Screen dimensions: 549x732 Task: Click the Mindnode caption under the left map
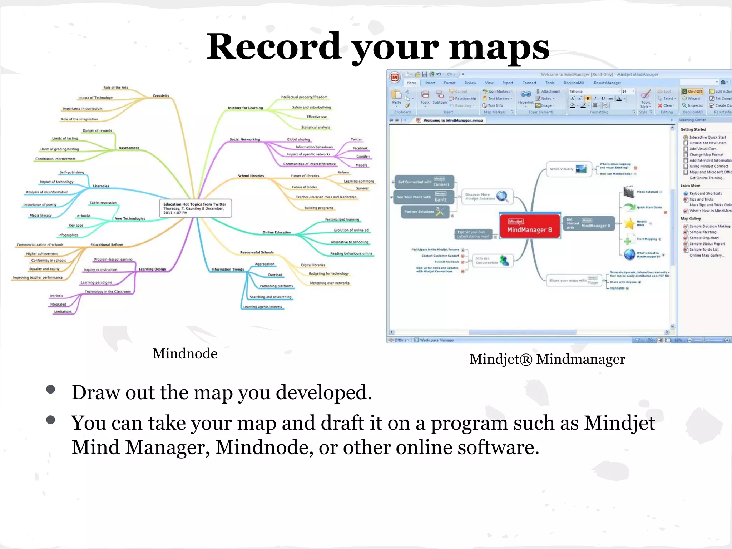click(185, 353)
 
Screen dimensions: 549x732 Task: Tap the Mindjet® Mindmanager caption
click(547, 359)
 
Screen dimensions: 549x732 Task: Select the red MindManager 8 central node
click(529, 226)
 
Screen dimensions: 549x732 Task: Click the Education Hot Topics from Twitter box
click(195, 208)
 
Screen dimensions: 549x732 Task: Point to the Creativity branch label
click(161, 95)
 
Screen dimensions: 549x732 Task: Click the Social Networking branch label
click(244, 139)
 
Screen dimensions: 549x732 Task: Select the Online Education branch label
click(277, 232)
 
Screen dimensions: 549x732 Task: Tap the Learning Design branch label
click(152, 269)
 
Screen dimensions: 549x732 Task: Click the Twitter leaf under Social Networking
click(356, 139)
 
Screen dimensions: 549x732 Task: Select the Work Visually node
click(568, 169)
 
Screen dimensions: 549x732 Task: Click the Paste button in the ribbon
click(396, 97)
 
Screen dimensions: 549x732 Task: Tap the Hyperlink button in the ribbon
click(526, 97)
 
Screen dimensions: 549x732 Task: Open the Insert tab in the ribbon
click(430, 83)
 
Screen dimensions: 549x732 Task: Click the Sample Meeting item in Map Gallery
click(702, 232)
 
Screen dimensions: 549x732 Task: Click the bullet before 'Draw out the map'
click(51, 389)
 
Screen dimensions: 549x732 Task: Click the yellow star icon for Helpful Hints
click(629, 223)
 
